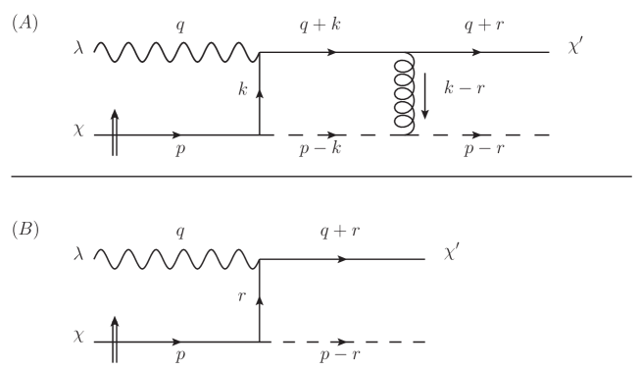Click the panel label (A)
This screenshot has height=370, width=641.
pos(25,24)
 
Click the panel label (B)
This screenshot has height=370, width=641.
pos(25,230)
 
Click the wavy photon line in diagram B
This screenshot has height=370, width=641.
pos(176,258)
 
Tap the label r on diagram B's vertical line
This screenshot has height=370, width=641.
pos(241,294)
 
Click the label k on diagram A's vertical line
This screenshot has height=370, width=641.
pos(242,89)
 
